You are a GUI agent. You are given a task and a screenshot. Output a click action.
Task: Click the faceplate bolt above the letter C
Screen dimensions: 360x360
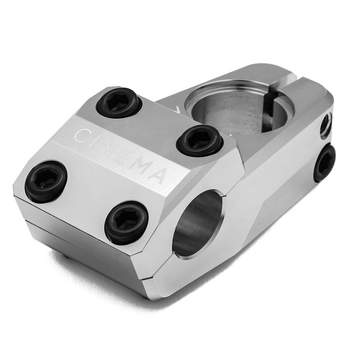point(119,103)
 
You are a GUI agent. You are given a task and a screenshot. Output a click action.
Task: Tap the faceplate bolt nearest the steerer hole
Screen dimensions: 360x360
point(200,140)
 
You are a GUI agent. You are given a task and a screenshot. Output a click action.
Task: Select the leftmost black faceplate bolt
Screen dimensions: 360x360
point(46,182)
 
